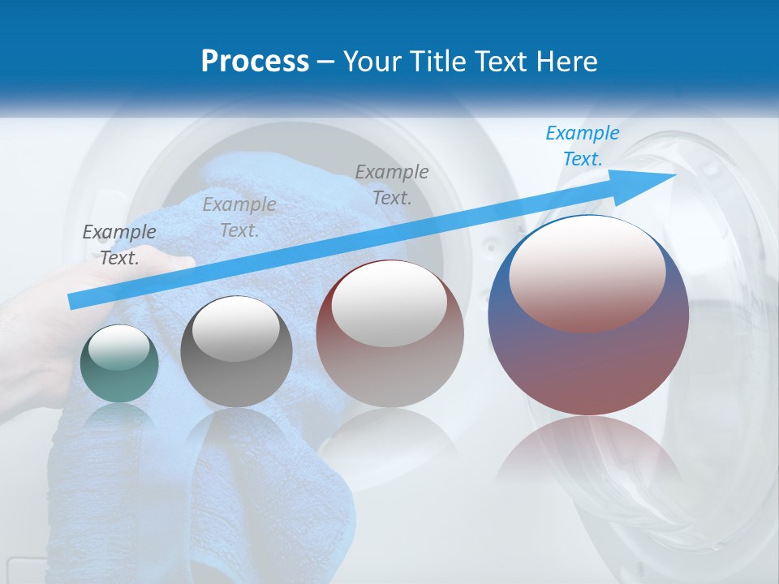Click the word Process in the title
click(255, 62)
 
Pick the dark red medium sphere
click(389, 334)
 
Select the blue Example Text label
click(582, 146)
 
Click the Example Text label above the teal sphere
click(119, 245)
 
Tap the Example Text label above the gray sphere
click(239, 217)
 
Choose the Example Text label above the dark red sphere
click(392, 184)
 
